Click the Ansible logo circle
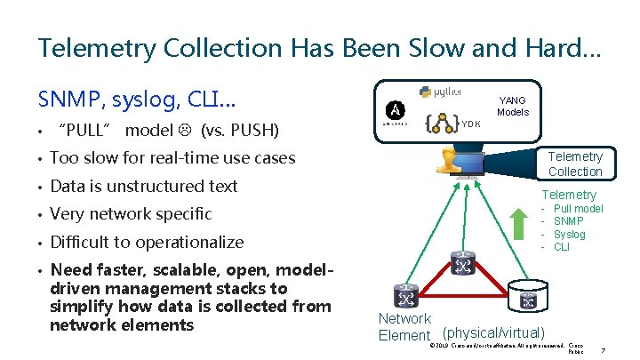point(396,109)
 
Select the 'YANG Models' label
point(513,107)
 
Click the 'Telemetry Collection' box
point(575,164)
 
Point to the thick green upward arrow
point(520,223)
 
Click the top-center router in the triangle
point(462,264)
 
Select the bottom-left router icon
point(405,296)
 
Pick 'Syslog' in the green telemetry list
point(569,235)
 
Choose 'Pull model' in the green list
point(578,209)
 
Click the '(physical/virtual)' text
point(493,332)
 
